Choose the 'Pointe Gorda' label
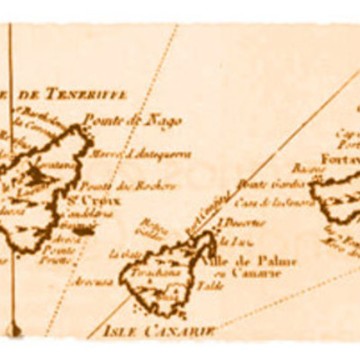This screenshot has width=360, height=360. [x=256, y=185]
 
